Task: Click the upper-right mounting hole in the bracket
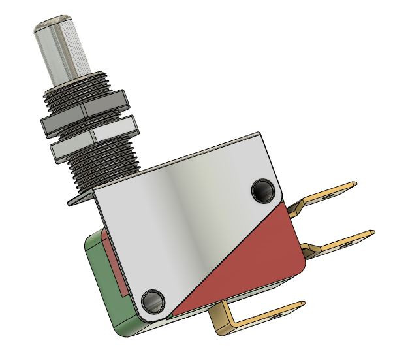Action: tap(264, 191)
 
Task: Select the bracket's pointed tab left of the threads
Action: tap(75, 201)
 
